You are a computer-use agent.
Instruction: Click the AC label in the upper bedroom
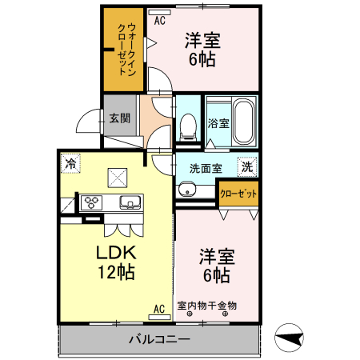tap(160, 22)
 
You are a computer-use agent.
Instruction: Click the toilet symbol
tap(190, 124)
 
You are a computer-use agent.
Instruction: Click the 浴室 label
tap(218, 124)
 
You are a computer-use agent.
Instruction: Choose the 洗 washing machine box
tap(247, 167)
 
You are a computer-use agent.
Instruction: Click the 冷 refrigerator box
tap(71, 163)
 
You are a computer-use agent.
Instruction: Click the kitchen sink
tap(129, 202)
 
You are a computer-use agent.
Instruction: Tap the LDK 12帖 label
tap(115, 261)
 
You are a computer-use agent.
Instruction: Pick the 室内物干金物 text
tap(206, 306)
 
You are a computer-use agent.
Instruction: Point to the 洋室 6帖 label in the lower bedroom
tap(216, 266)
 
